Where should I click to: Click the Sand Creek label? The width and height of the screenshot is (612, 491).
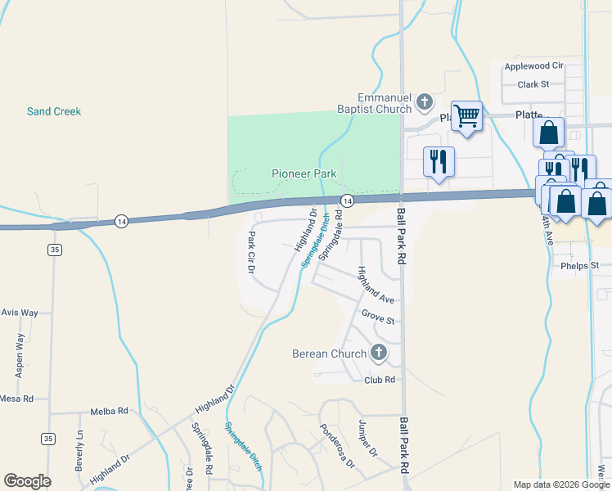click(x=54, y=111)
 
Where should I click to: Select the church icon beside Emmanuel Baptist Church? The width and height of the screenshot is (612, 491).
click(x=424, y=101)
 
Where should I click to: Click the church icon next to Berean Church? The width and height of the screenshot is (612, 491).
click(x=378, y=354)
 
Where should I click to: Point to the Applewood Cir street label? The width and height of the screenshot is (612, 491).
click(x=534, y=65)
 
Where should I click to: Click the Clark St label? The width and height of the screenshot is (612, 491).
click(x=533, y=83)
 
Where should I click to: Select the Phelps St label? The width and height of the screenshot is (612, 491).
click(x=580, y=266)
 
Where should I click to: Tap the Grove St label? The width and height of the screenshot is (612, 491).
click(x=378, y=315)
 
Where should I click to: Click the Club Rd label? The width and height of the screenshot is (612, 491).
click(x=380, y=380)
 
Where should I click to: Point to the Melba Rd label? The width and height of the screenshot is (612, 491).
click(x=110, y=411)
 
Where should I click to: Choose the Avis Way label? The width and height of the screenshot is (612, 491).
click(x=20, y=313)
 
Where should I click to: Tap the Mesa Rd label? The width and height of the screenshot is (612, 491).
click(x=16, y=399)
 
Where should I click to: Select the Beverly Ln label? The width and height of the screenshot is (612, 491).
click(x=79, y=449)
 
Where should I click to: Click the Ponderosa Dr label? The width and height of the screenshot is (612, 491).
click(x=337, y=446)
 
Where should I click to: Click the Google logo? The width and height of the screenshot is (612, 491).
click(x=27, y=481)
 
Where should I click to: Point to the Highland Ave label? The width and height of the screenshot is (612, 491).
click(x=376, y=286)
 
